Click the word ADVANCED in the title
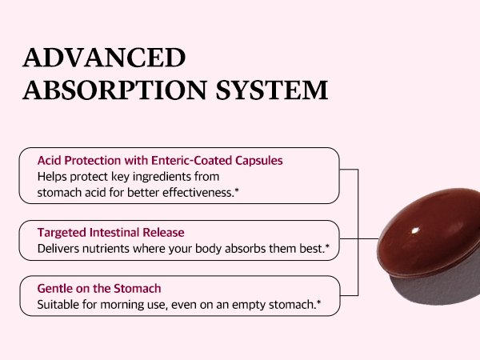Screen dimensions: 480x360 coord(104,58)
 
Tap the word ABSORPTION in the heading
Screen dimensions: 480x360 coord(115,90)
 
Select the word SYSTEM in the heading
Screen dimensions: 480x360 coord(272,90)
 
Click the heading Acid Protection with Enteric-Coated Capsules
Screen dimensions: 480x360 coord(160,161)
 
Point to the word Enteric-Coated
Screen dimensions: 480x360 coord(192,161)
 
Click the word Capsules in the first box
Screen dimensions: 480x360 coord(259,161)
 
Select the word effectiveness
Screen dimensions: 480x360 coord(198,193)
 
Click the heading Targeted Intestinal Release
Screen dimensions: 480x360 coord(111,233)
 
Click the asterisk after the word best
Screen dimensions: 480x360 coord(327,246)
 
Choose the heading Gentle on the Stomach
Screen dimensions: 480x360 coord(99,289)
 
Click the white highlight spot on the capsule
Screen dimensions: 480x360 coord(415,230)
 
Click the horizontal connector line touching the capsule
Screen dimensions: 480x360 coord(359,238)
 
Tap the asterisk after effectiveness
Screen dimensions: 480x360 coord(237,190)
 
